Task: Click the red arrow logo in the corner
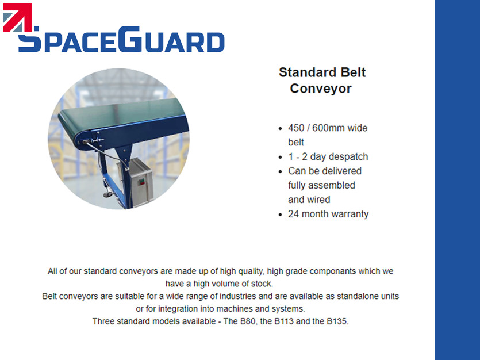coord(17,17)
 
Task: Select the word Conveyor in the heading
coord(321,89)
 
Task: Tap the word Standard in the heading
coord(307,72)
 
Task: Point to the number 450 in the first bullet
coord(296,128)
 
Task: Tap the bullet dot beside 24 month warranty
coord(280,215)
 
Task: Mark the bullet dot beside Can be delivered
coord(280,171)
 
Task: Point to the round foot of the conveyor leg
coord(107,194)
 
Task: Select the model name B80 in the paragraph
coord(247,321)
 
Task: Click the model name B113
coord(284,321)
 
